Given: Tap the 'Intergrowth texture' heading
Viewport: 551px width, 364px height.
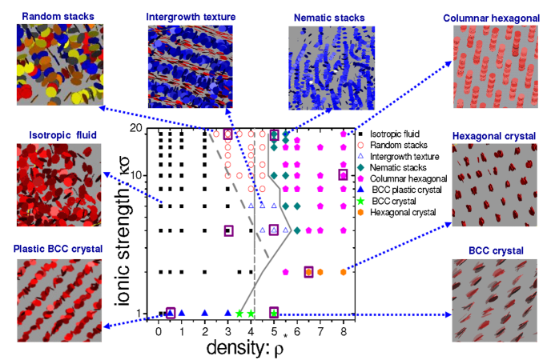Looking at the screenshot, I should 187,16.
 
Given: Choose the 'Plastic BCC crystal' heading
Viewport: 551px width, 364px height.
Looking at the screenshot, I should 58,249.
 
